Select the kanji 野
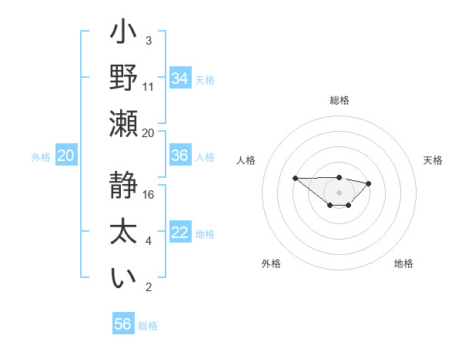(x=124, y=78)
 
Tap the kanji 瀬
(x=124, y=124)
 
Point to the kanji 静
(x=124, y=186)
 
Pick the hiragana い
(x=124, y=278)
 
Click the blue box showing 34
(x=180, y=78)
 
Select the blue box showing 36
(x=180, y=156)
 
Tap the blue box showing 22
(x=180, y=233)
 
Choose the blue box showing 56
(x=123, y=324)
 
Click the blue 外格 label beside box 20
(x=41, y=156)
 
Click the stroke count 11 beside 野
(x=149, y=86)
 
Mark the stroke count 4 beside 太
(x=149, y=241)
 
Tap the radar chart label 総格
(x=340, y=100)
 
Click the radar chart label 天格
(x=434, y=160)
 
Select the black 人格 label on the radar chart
(x=246, y=160)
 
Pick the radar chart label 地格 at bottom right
(x=403, y=263)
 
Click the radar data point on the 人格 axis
(x=296, y=178)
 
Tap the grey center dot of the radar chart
(x=340, y=192)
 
